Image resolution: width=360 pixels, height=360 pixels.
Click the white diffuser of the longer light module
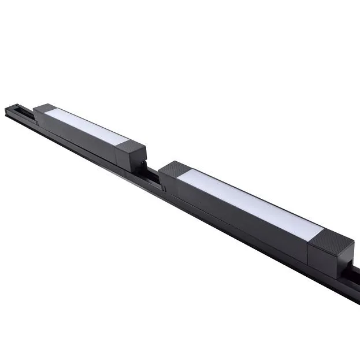point(248,205)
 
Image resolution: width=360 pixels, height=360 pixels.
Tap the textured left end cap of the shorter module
point(44,108)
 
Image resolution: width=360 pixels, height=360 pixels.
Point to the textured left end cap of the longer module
point(172,169)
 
